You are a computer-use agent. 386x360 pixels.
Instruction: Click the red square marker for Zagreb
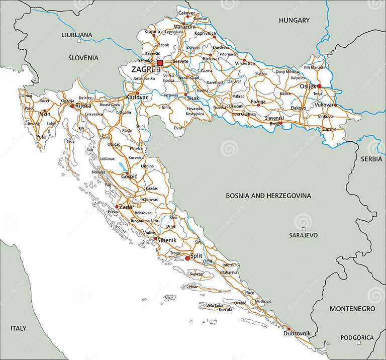pyautogui.click(x=160, y=63)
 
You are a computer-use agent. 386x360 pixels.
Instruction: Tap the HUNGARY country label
pyautogui.click(x=295, y=20)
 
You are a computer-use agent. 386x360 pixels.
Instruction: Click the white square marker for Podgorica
pyautogui.click(x=358, y=343)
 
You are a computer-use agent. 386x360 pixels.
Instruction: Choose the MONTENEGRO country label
pyautogui.click(x=352, y=308)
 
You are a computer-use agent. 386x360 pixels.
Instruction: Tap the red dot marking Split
pyautogui.click(x=187, y=258)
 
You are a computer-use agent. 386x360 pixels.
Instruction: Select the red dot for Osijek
pyautogui.click(x=319, y=86)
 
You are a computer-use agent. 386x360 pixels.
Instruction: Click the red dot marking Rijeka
pyautogui.click(x=72, y=106)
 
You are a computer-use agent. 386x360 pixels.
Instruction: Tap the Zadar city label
pyautogui.click(x=127, y=207)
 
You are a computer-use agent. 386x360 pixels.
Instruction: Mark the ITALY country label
pyautogui.click(x=18, y=328)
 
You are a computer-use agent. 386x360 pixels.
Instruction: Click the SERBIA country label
pyautogui.click(x=371, y=158)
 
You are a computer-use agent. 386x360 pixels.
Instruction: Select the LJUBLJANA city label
pyautogui.click(x=77, y=35)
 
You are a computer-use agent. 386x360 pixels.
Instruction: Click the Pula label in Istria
pyautogui.click(x=42, y=136)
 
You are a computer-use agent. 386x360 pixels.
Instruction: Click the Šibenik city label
pyautogui.click(x=166, y=240)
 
